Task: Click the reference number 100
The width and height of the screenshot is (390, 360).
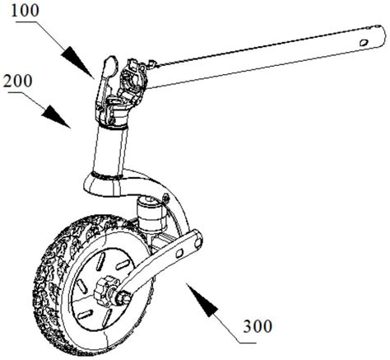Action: (x=26, y=10)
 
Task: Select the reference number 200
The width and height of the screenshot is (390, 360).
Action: (x=18, y=81)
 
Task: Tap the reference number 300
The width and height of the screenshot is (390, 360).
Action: (x=258, y=326)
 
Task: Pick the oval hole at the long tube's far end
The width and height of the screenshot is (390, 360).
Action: (x=364, y=42)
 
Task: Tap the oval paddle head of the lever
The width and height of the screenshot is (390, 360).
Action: (x=110, y=65)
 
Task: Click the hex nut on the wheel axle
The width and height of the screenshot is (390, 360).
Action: (x=104, y=292)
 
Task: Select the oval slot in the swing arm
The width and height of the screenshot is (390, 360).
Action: (x=179, y=253)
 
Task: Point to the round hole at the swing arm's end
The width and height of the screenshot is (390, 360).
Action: (x=197, y=242)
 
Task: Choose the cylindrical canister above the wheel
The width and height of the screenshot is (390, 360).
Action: (x=151, y=213)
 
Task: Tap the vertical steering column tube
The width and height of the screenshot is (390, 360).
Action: (x=109, y=150)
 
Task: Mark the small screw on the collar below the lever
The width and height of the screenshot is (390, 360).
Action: (x=111, y=120)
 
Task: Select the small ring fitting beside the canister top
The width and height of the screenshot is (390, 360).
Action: (x=165, y=197)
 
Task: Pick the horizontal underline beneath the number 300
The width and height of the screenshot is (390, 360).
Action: (x=248, y=343)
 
